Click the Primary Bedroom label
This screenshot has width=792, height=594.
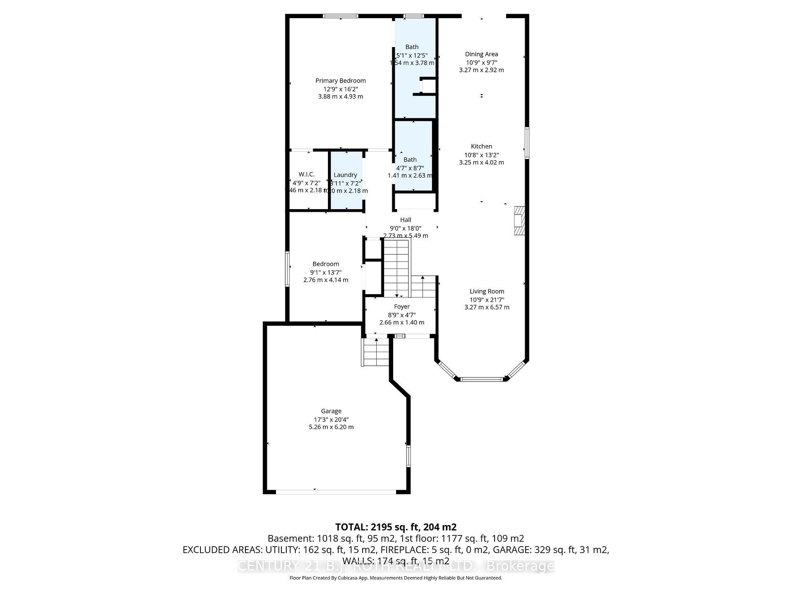(x=340, y=80)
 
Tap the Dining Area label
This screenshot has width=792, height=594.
(x=481, y=54)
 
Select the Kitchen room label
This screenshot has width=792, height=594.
(x=481, y=146)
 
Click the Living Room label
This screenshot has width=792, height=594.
(x=487, y=291)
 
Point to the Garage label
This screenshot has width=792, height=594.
(x=331, y=411)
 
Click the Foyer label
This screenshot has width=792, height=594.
(x=402, y=306)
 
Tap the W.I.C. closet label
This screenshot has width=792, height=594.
(x=306, y=174)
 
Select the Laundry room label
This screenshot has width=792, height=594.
(x=345, y=175)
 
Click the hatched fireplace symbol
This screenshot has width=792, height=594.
(x=519, y=221)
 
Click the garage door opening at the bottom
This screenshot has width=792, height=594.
(x=335, y=492)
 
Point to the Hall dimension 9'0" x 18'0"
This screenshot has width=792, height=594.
(x=405, y=228)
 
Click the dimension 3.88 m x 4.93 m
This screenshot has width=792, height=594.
(x=340, y=97)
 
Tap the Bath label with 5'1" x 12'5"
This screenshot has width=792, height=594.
(x=412, y=47)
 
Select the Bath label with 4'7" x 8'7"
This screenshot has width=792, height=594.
(x=410, y=160)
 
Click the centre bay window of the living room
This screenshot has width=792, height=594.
(x=481, y=379)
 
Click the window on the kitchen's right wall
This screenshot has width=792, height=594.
(x=527, y=143)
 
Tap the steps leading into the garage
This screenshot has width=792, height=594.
(x=376, y=352)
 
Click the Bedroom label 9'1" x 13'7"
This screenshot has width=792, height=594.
(x=325, y=264)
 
